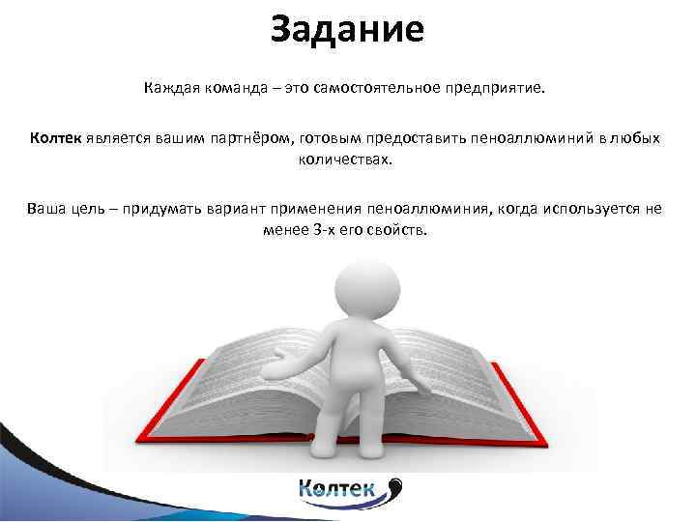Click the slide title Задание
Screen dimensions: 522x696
click(x=347, y=29)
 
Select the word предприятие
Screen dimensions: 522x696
click(x=495, y=88)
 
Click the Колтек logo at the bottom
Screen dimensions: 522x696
click(x=348, y=491)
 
